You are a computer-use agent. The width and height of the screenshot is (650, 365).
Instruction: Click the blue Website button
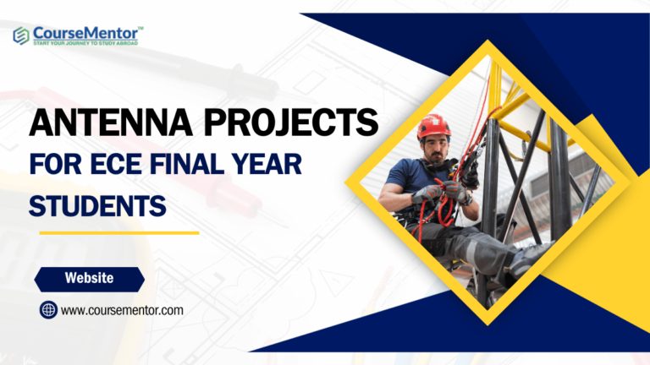(90, 278)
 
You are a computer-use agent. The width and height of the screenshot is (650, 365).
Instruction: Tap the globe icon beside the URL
(48, 310)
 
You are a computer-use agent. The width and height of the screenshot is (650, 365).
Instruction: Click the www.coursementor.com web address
(122, 310)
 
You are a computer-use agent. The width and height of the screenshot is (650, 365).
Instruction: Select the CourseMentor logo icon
(21, 35)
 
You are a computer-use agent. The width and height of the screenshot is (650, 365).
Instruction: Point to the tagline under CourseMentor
(88, 42)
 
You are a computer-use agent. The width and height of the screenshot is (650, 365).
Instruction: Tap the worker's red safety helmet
(433, 125)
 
